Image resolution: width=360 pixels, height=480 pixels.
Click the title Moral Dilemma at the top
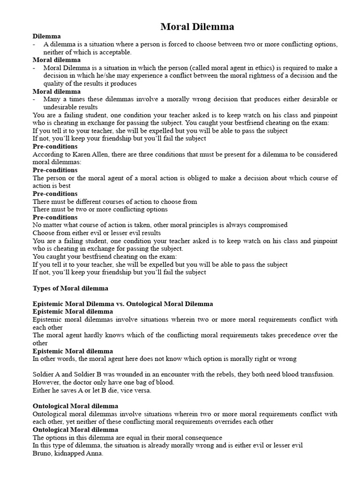tap(197, 27)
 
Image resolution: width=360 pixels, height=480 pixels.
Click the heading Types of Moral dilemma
tap(70, 288)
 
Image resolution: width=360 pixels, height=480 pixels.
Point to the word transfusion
tap(316, 375)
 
